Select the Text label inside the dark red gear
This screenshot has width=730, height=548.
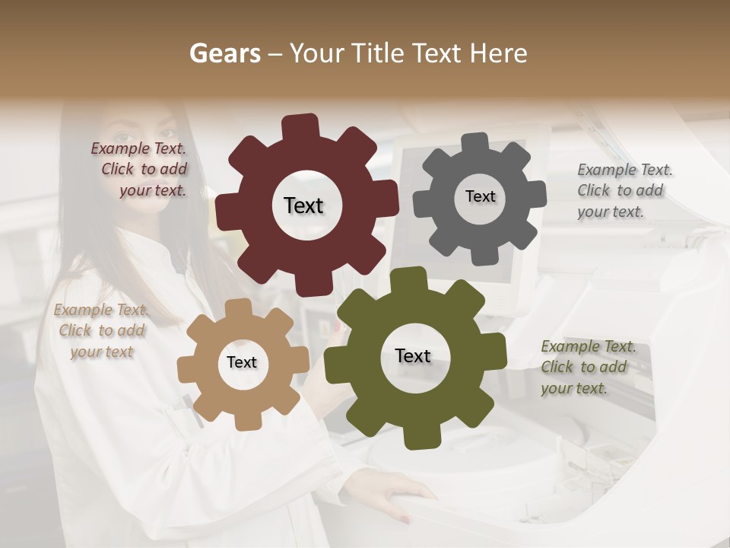pyautogui.click(x=303, y=205)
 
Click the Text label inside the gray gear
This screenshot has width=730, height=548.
pyautogui.click(x=480, y=196)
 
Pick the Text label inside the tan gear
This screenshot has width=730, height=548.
pyautogui.click(x=242, y=362)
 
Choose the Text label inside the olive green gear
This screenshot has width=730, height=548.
pyautogui.click(x=413, y=355)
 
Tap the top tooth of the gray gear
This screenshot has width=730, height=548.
pyautogui.click(x=475, y=142)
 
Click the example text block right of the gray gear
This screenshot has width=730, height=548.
pyautogui.click(x=624, y=190)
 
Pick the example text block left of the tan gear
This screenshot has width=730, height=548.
pyautogui.click(x=102, y=330)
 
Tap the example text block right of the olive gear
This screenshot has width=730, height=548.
pyautogui.click(x=587, y=367)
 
